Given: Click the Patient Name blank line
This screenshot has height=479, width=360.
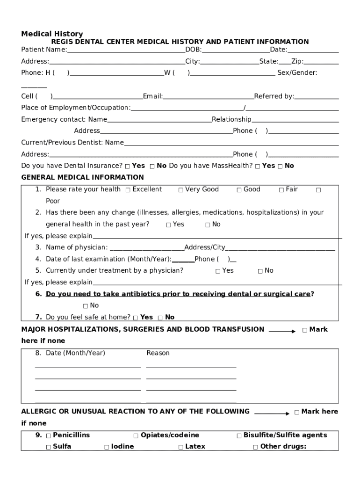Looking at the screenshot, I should pos(126,51).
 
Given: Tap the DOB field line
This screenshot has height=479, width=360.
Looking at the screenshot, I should pos(236,51).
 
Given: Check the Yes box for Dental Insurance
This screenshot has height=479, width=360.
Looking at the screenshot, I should pos(128,166).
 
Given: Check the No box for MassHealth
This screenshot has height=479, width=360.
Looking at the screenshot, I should pos(280,166).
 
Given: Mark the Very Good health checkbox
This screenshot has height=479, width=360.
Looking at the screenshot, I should pos(180,190).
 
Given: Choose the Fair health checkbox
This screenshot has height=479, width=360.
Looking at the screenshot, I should pos(281,190).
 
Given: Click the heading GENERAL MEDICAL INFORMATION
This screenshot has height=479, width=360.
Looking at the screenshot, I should pos(83,177).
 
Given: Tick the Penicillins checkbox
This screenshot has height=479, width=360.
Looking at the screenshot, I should pos(49,435).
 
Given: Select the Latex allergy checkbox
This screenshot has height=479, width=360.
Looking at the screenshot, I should pos(180,447).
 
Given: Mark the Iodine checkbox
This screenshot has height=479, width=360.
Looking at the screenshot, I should pos(107,447).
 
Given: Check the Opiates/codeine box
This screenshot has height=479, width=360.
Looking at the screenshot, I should pos(136,435).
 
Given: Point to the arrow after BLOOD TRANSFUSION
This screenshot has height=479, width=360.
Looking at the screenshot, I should pos(282,331).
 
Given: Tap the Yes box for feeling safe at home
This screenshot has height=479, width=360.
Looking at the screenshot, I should pos(136,318).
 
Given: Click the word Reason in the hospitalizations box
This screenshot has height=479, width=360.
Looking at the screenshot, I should pos(158,353).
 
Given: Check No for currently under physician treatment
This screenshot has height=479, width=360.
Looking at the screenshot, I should pos(260,271).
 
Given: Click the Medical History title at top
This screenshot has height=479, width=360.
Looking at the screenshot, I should pos(52,34).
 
